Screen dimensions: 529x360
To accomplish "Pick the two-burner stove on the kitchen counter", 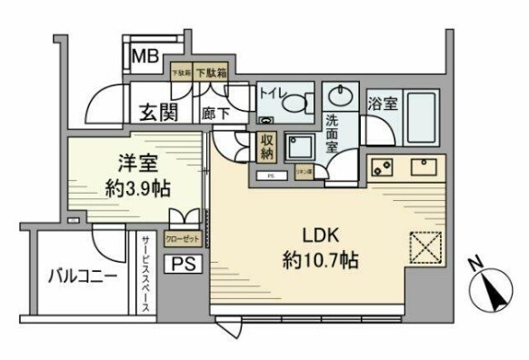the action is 382,166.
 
